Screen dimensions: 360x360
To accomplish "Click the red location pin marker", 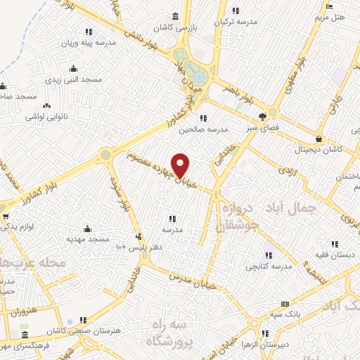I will (x=181, y=166).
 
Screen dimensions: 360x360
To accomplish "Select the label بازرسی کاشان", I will (x=192, y=27).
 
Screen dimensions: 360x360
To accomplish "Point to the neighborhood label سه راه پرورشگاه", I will (x=172, y=333).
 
